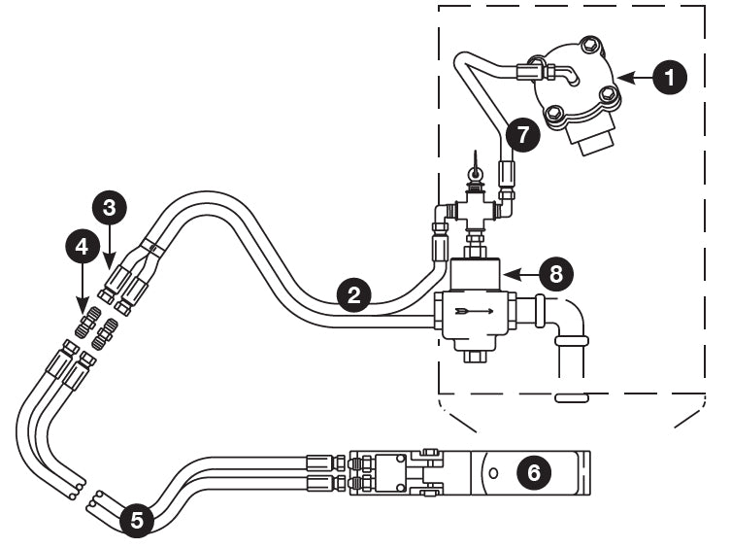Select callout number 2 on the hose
pos(355,293)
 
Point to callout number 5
pos(137,520)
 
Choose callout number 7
pos(523,134)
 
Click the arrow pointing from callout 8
pos(520,274)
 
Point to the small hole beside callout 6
pos(494,473)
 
